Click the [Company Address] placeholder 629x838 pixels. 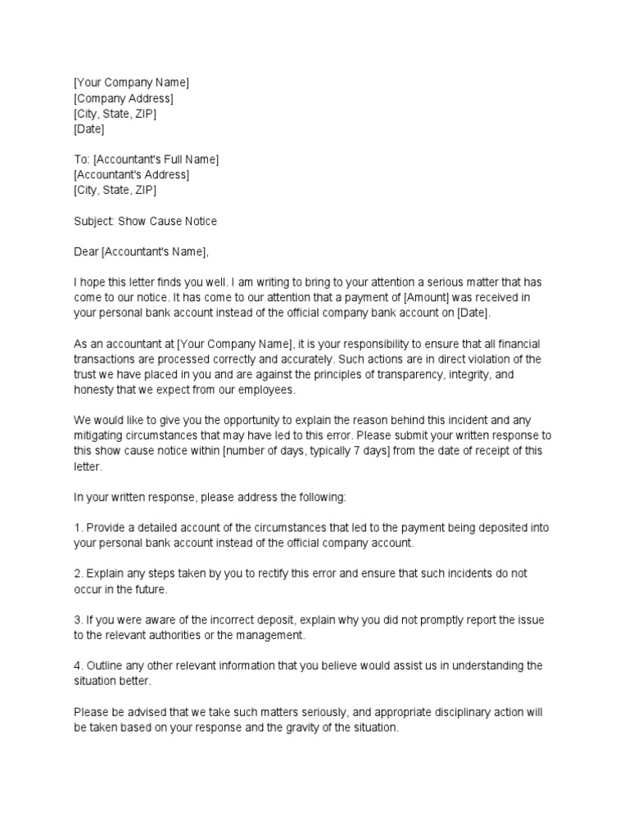(x=123, y=98)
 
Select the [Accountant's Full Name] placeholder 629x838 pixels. (x=156, y=160)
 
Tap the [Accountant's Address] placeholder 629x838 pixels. (x=131, y=175)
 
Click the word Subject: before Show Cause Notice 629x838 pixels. (x=94, y=221)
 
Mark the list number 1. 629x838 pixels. (x=78, y=528)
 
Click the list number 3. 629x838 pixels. (x=78, y=620)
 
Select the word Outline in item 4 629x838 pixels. (x=103, y=666)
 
